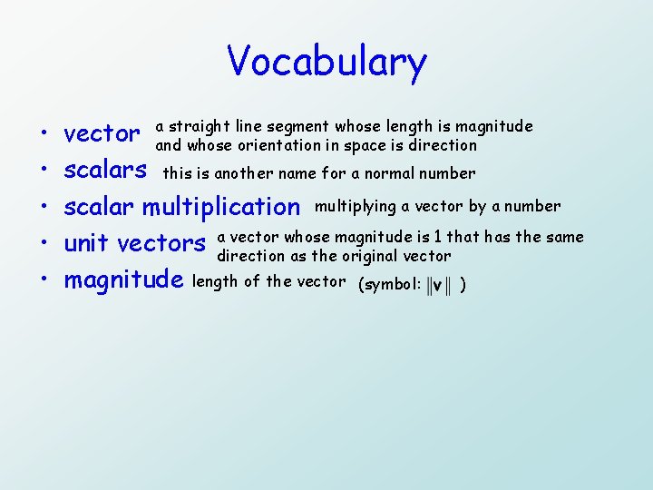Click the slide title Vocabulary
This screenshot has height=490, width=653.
[326, 63]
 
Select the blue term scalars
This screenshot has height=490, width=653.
[105, 170]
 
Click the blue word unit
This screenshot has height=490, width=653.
[88, 243]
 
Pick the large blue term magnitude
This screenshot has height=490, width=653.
[124, 280]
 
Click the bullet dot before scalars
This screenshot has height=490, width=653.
[44, 171]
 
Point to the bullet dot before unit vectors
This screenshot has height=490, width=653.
[44, 245]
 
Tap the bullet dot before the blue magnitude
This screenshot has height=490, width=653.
[44, 281]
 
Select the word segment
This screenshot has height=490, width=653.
[304, 126]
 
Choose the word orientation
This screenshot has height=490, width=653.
[265, 145]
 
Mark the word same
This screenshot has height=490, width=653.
[564, 237]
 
